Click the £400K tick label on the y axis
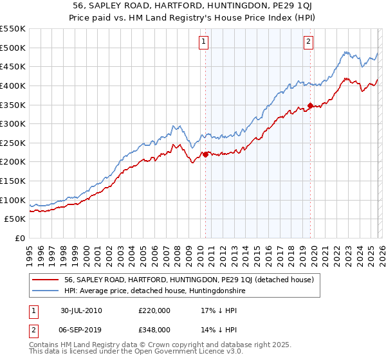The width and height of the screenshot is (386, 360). tap(13, 85)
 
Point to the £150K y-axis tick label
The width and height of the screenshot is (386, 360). tap(13, 162)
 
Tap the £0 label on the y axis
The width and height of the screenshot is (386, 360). tap(20, 239)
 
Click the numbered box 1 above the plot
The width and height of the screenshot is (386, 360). tap(203, 42)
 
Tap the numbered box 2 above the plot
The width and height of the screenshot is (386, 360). tap(309, 42)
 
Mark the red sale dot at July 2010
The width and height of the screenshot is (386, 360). tap(206, 154)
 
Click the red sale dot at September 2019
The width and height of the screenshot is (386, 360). tap(310, 105)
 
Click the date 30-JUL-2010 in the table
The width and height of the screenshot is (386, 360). tap(82, 310)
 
